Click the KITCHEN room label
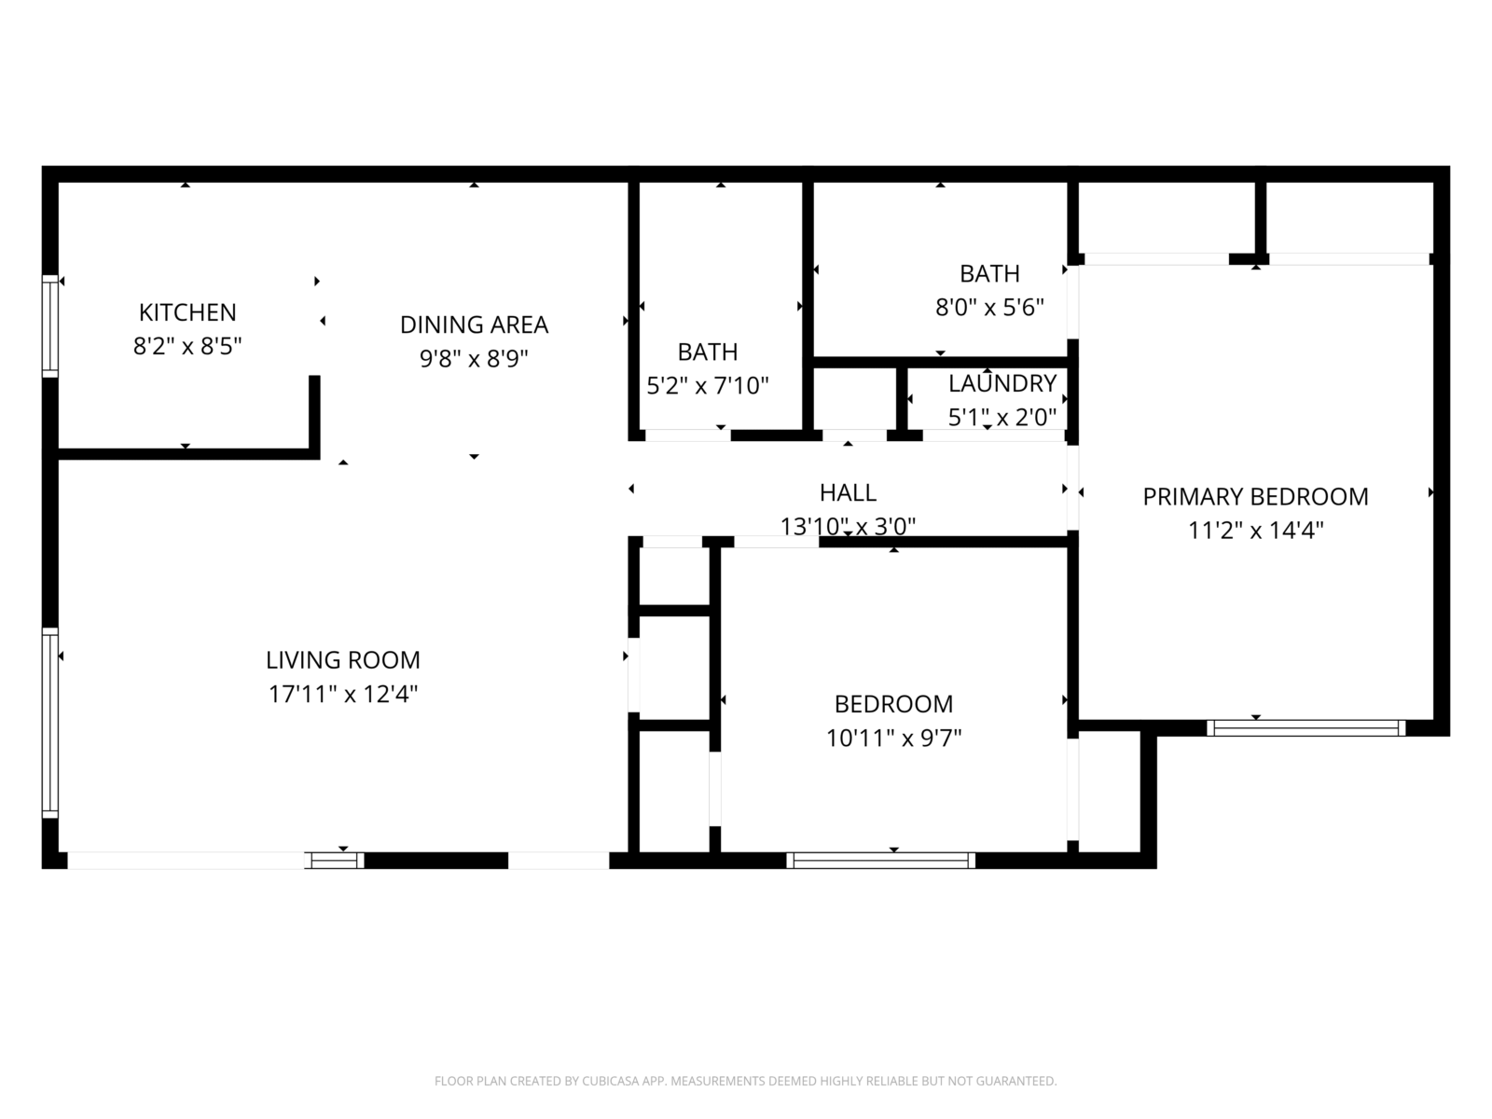187,312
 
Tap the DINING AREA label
474,325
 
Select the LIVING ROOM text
342,659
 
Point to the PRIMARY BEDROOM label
1255,497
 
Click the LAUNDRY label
1002,383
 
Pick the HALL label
848,492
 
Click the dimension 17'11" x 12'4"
342,694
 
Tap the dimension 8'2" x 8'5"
187,347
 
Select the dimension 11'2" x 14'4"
1255,530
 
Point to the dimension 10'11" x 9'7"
894,738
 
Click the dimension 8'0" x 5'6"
989,308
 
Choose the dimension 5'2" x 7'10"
708,386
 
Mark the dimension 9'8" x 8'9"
474,358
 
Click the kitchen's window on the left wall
50,326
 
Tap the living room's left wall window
50,723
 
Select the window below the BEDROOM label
881,860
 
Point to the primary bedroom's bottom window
1305,727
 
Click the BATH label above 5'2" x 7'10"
708,352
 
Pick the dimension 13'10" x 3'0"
848,527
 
